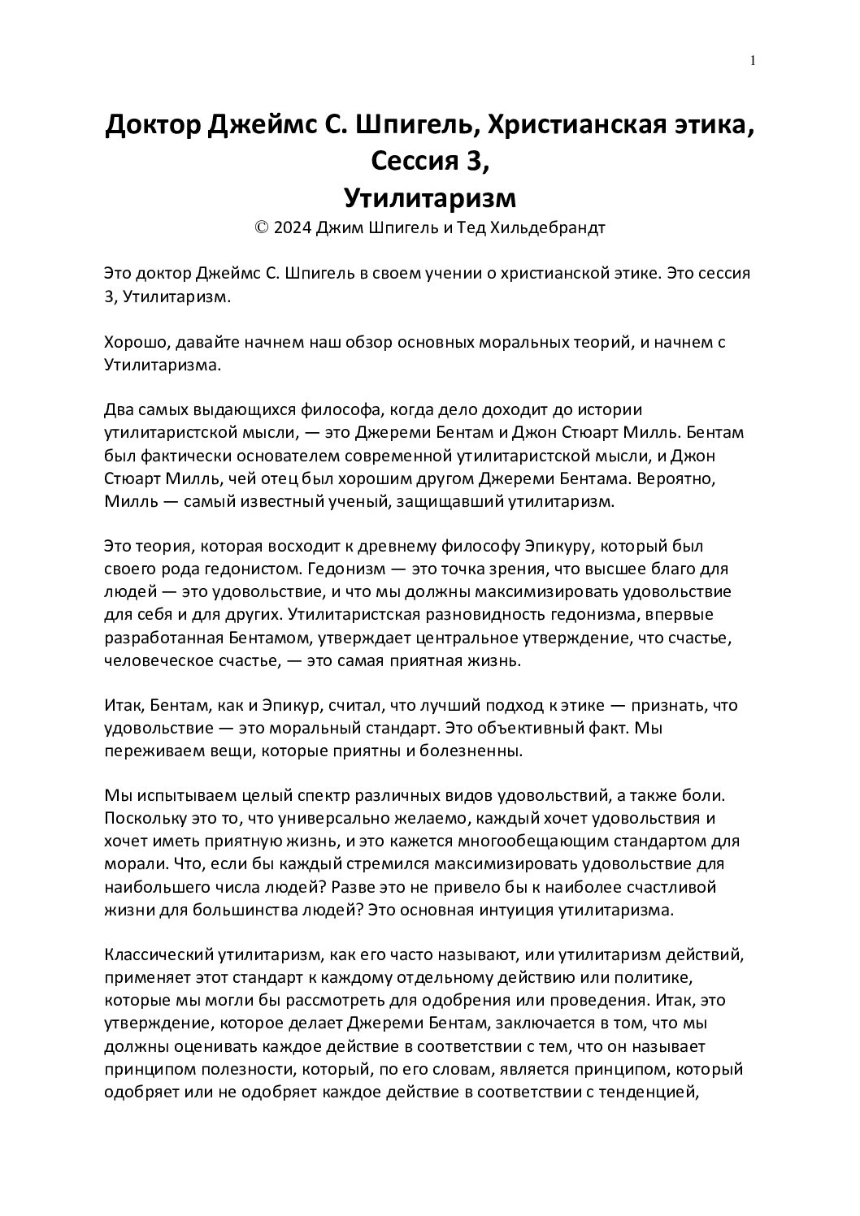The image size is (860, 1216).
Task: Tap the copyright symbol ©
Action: pyautogui.click(x=262, y=228)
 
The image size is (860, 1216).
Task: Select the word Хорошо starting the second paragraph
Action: pyautogui.click(x=134, y=342)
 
